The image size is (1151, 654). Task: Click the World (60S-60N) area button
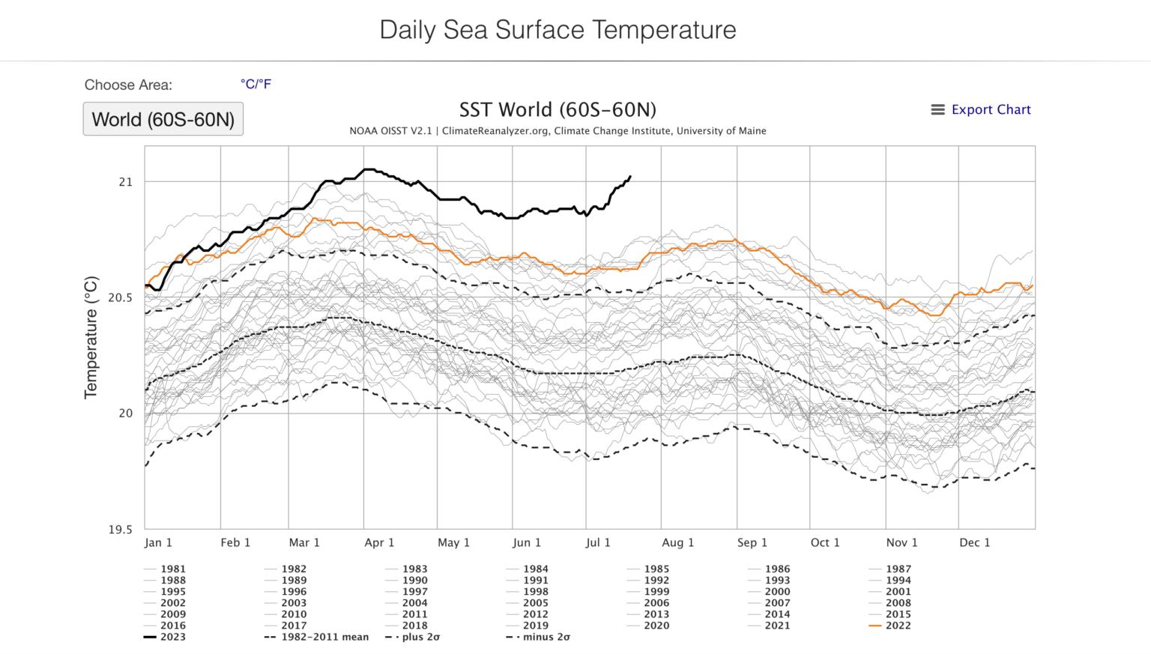(x=163, y=119)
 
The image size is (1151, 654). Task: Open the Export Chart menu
(x=981, y=109)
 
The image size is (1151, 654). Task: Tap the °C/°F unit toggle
(x=256, y=84)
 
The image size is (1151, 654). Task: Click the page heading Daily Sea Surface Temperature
(x=558, y=30)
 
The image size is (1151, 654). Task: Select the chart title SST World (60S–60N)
(x=558, y=110)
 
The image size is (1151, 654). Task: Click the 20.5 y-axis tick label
(x=120, y=297)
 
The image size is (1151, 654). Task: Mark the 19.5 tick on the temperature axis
(x=120, y=530)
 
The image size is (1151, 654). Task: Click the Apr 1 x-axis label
(x=379, y=542)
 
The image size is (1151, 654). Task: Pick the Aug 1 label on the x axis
(x=677, y=542)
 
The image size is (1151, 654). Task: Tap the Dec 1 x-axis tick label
(x=974, y=542)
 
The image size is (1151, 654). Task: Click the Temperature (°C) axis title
(x=91, y=337)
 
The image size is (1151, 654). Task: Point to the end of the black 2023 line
(x=630, y=177)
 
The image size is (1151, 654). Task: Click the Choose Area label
(x=128, y=85)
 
